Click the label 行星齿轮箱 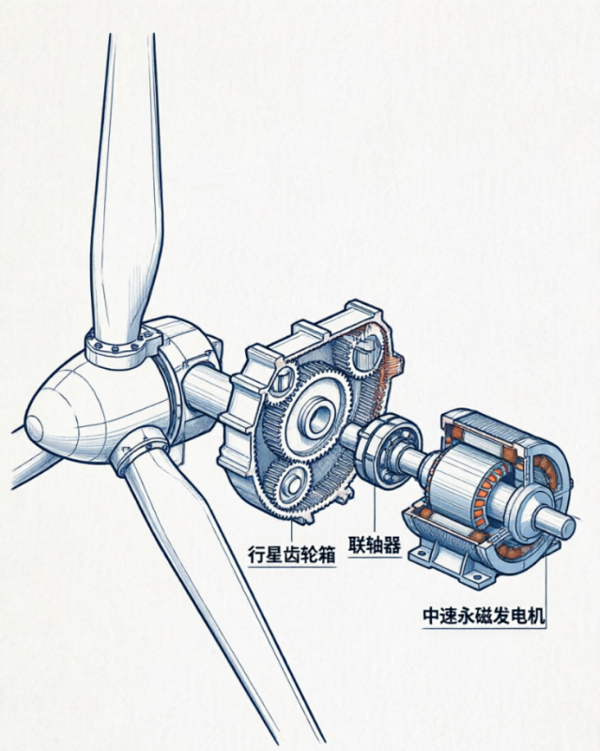[x=291, y=554]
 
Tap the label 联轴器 [x=375, y=544]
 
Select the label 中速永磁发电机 [x=484, y=616]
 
